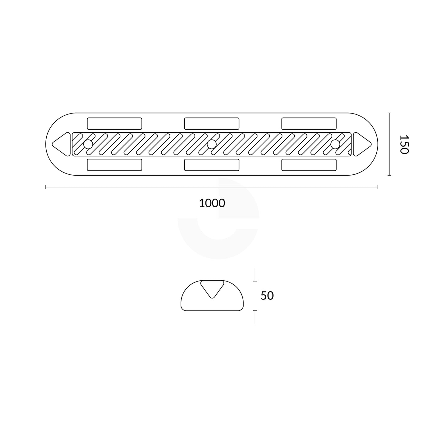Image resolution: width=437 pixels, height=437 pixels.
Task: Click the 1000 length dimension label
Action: coord(212,203)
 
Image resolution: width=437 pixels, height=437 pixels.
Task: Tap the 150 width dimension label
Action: coord(403,144)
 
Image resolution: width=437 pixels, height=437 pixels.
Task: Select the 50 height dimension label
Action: coord(267,296)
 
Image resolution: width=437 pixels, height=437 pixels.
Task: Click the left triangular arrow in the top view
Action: coord(62,144)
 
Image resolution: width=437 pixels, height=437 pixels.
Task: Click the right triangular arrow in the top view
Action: coord(361,144)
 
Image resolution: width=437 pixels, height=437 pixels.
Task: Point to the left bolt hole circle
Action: coord(88,144)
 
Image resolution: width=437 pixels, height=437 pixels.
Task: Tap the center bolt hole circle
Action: coord(212,144)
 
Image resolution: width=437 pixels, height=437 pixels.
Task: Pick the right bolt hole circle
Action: coord(335,144)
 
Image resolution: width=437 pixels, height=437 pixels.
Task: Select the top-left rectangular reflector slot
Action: coord(114,123)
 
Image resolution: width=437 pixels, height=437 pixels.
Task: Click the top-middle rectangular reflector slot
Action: coord(212,123)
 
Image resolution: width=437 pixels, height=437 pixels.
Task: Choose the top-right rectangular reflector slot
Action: coord(309,123)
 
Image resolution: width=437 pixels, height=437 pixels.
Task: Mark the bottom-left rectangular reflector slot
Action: coord(114,165)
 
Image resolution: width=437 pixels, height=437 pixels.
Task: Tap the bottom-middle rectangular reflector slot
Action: coord(212,165)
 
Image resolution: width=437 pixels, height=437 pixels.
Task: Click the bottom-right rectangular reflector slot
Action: coord(309,165)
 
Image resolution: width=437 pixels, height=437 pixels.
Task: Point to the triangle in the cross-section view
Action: coord(212,288)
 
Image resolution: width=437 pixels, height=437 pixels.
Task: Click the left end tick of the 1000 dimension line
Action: coord(46,187)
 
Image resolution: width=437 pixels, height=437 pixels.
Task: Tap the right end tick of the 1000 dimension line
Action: coord(378,187)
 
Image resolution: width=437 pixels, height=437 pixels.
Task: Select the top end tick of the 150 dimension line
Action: coord(389,113)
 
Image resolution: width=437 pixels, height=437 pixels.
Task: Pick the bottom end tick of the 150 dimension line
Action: coord(389,175)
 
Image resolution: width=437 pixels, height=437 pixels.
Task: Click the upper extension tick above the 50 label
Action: coord(255,275)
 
